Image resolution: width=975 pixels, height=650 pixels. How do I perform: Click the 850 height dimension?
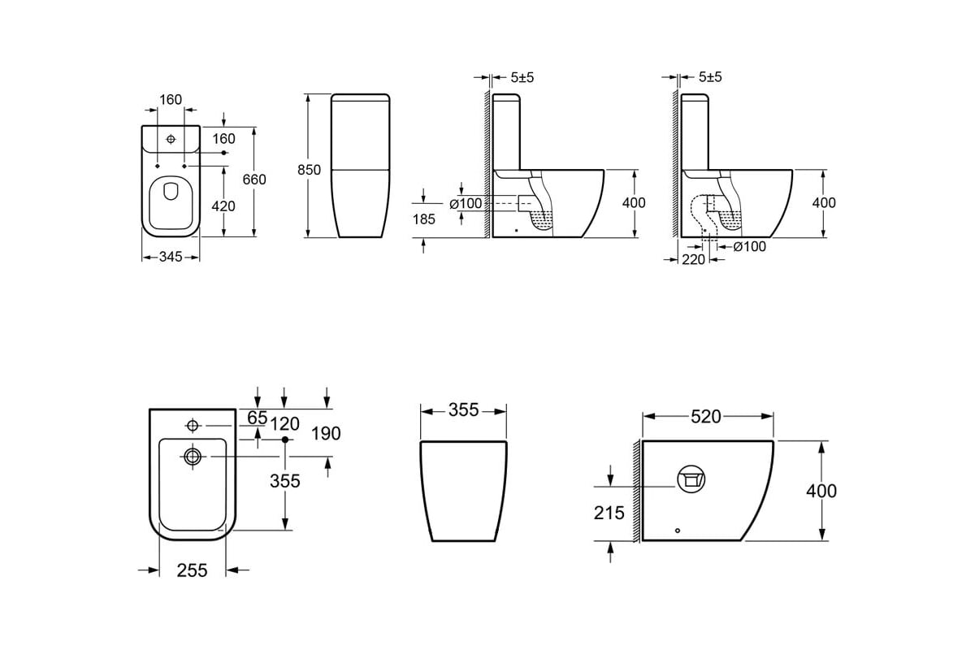pyautogui.click(x=309, y=170)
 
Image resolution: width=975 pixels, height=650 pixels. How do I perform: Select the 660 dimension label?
pyautogui.click(x=254, y=180)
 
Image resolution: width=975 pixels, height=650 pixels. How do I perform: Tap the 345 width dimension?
pyautogui.click(x=171, y=257)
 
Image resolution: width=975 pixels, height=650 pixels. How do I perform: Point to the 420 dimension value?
pyautogui.click(x=223, y=206)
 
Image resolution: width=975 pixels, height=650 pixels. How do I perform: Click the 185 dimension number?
pyautogui.click(x=424, y=219)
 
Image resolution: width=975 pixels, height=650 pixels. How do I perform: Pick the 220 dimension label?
pyautogui.click(x=693, y=259)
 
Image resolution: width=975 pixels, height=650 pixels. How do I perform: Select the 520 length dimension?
pyautogui.click(x=706, y=417)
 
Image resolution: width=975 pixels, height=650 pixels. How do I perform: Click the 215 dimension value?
pyautogui.click(x=609, y=513)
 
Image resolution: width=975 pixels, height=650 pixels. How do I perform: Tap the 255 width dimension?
pyautogui.click(x=192, y=570)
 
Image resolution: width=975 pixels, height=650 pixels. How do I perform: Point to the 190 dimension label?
pyautogui.click(x=326, y=434)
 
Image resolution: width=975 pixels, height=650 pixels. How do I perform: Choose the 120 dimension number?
pyautogui.click(x=284, y=424)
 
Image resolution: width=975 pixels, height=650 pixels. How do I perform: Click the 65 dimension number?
pyautogui.click(x=257, y=418)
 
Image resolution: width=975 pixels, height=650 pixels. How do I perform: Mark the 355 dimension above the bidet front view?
pyautogui.click(x=464, y=410)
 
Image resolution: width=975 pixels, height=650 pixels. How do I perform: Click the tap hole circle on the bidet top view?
pyautogui.click(x=193, y=426)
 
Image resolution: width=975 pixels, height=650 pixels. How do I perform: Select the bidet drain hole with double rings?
pyautogui.click(x=193, y=457)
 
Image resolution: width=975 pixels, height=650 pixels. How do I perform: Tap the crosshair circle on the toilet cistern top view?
pyautogui.click(x=171, y=139)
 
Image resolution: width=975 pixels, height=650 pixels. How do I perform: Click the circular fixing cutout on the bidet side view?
pyautogui.click(x=691, y=479)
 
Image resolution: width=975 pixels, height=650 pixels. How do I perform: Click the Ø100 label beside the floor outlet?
pyautogui.click(x=749, y=247)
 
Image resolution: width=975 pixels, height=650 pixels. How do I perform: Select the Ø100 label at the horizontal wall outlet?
pyautogui.click(x=466, y=204)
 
